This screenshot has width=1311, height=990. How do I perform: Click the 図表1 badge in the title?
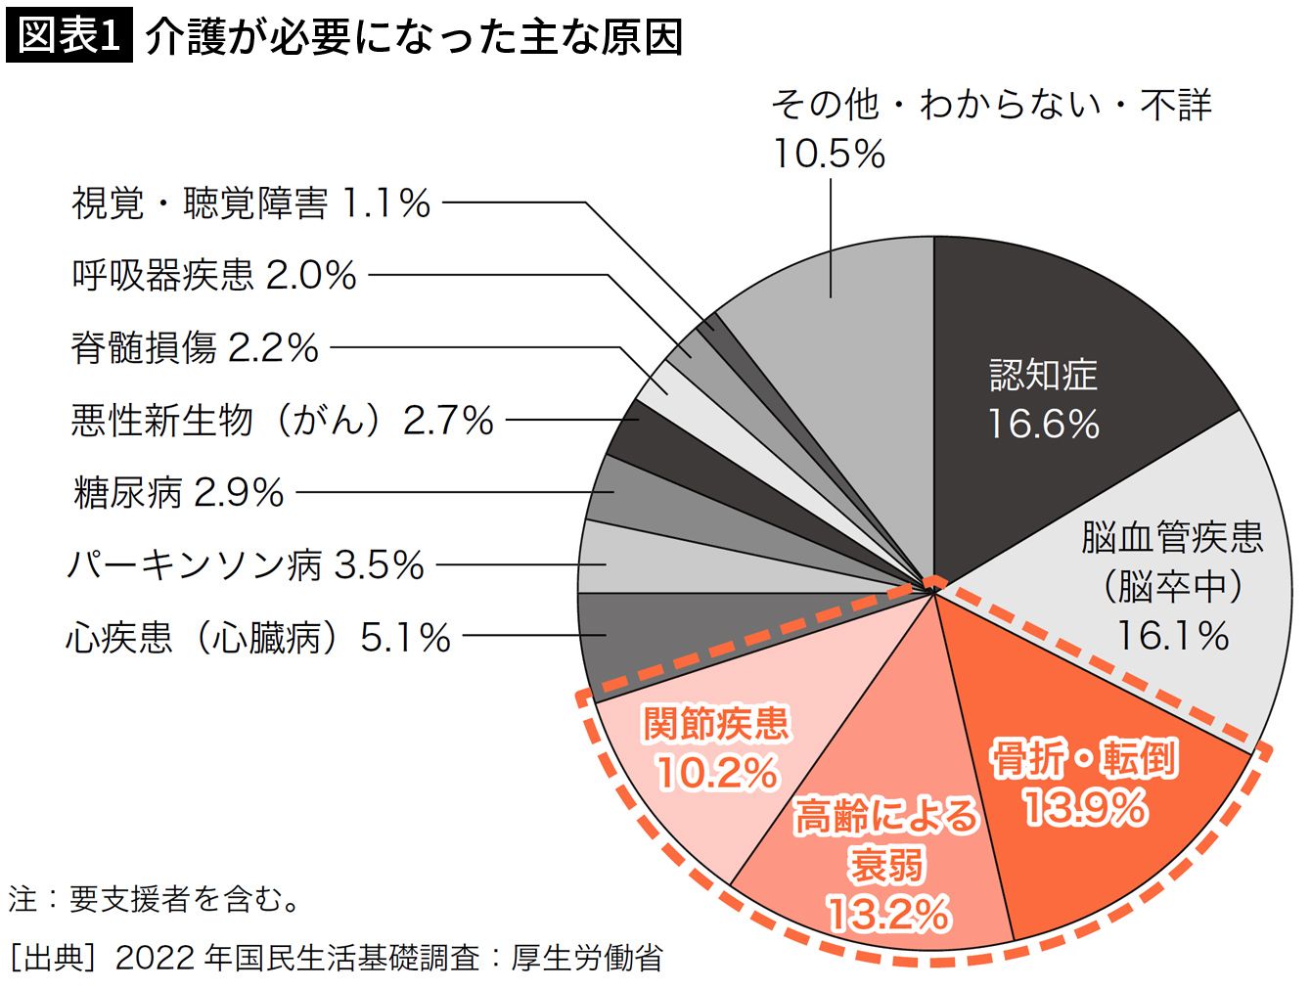point(69,36)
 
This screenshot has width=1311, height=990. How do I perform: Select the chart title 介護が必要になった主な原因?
point(413,38)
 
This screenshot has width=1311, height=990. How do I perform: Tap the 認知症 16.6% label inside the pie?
point(1043,399)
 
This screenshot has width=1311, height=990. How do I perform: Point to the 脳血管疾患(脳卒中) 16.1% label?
point(1172,586)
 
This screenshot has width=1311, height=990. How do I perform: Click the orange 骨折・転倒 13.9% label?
point(1083,784)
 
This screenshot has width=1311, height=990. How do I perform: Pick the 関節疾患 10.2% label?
point(716,748)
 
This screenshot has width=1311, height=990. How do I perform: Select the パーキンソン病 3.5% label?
point(246,565)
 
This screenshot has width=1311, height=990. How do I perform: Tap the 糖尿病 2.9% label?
point(179,493)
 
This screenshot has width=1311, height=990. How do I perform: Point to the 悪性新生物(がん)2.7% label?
point(282,421)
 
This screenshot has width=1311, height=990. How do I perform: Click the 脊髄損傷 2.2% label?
point(195,348)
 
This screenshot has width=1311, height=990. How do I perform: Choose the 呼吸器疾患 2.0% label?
point(214,276)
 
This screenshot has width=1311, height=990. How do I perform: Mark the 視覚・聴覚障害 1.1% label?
point(251,203)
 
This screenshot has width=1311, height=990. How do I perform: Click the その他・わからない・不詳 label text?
point(991,104)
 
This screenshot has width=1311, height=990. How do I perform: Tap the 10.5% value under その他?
point(829,154)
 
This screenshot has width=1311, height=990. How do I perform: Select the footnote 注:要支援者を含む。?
point(156,899)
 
